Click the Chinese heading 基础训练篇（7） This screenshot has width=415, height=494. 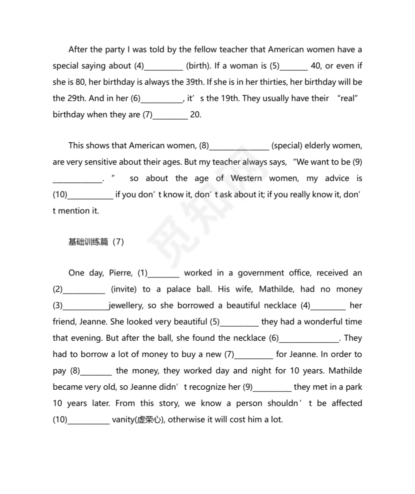[95, 242]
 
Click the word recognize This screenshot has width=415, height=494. [209, 387]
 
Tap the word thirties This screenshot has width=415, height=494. [273, 82]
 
